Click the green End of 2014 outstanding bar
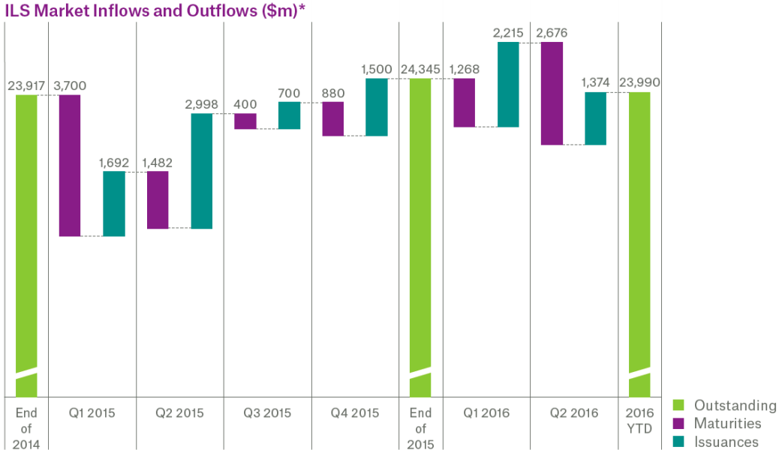[26, 246]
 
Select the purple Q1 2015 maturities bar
[70, 166]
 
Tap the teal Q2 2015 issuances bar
[202, 171]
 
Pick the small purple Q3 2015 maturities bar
[245, 121]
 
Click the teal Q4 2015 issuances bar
[377, 106]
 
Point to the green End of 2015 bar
[420, 238]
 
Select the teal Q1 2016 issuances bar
[508, 85]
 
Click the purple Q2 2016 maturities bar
[552, 94]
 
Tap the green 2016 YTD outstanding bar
[639, 244]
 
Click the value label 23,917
[26, 86]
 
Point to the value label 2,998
[201, 104]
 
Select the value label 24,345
[420, 69]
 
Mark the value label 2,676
[552, 33]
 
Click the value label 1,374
[595, 82]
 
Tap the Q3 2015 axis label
[267, 412]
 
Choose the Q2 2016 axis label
[574, 412]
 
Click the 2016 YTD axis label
[639, 421]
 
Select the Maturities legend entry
[717, 423]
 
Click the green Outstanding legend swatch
[678, 405]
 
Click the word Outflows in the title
[224, 10]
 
